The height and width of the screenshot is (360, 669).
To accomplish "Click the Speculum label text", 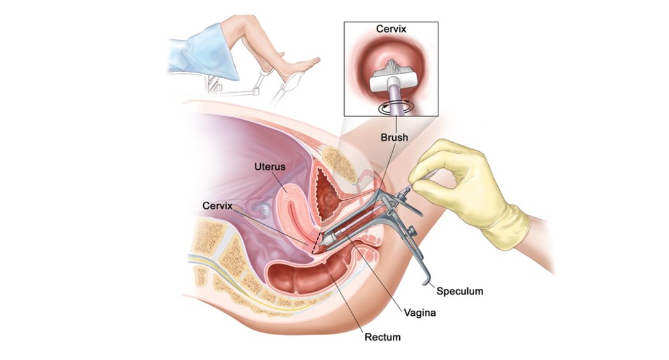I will (459, 291).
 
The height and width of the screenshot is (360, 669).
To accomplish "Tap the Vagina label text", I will (420, 313).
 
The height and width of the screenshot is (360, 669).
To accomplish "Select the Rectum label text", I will (383, 336).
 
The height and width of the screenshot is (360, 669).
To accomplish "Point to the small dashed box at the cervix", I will (315, 242).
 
